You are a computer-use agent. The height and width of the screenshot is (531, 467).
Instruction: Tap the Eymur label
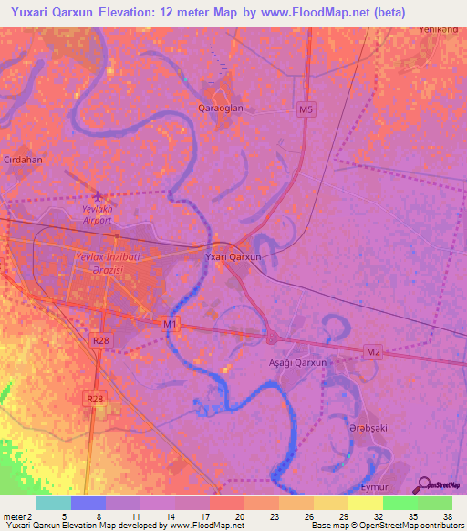(x=375, y=489)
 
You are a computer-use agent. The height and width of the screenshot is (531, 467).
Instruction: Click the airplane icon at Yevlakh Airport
(x=99, y=196)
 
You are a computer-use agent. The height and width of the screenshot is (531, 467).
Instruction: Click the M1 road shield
(x=170, y=323)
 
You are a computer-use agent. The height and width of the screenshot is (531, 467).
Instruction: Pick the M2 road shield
(x=372, y=351)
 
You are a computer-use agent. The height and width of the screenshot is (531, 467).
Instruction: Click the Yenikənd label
(x=438, y=29)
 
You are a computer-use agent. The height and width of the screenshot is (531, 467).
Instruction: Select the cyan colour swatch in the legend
(x=54, y=503)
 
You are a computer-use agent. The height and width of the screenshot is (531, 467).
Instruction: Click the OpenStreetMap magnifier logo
(x=424, y=484)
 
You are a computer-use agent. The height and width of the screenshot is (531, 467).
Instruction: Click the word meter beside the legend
(x=15, y=516)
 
